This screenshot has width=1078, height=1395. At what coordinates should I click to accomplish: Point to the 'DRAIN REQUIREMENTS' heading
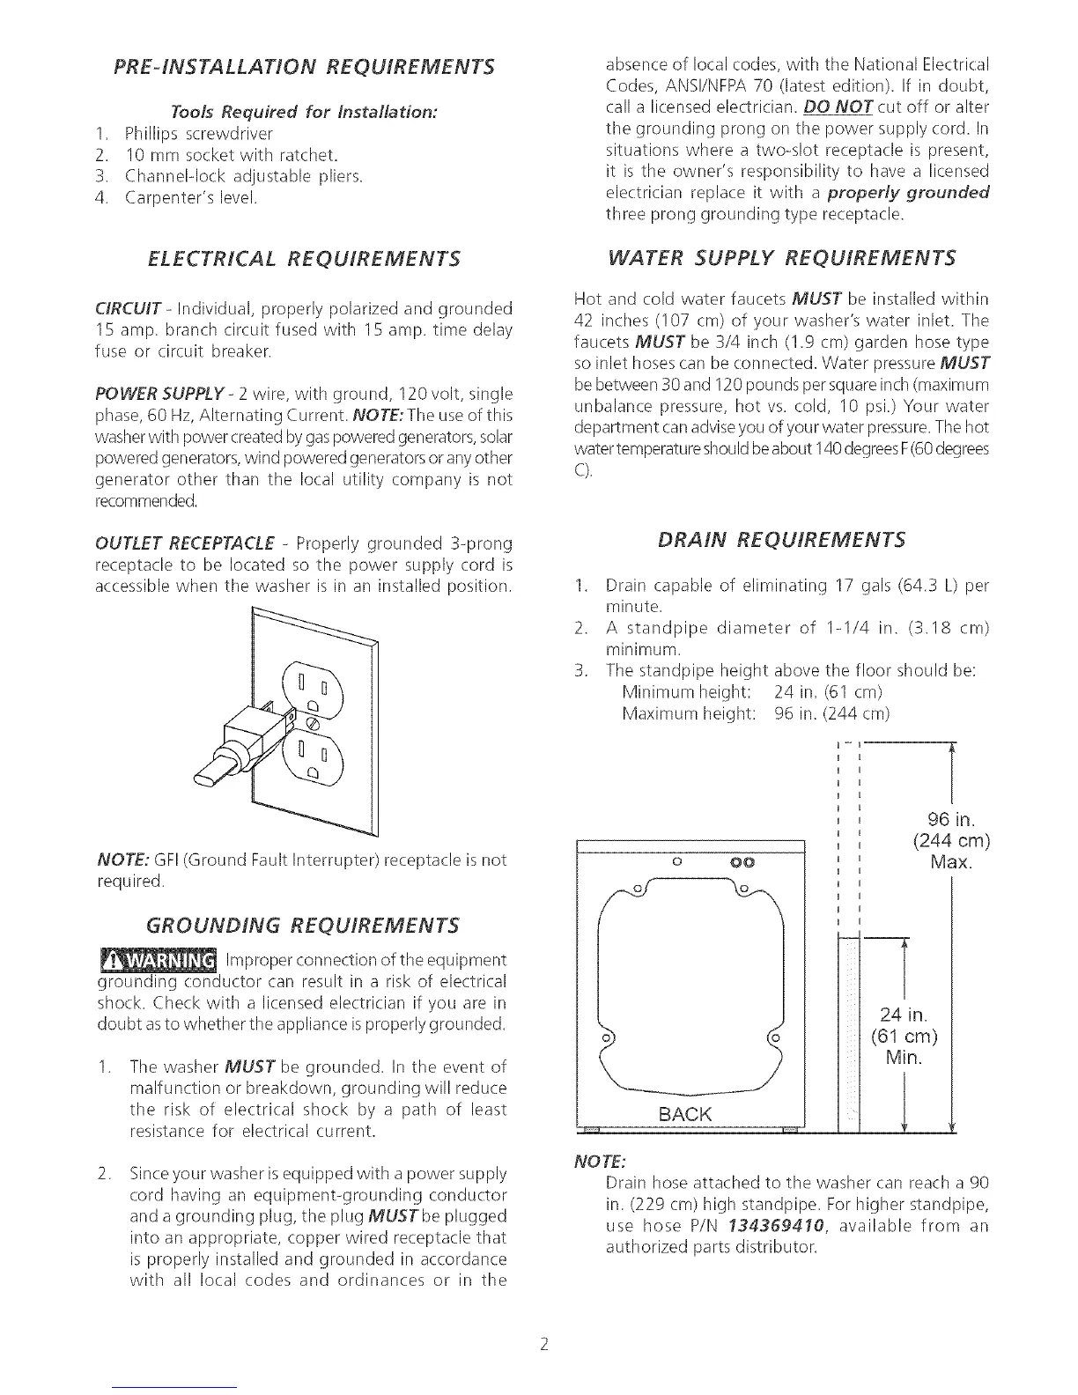click(x=781, y=539)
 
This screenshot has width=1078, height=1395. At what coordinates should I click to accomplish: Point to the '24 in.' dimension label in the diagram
click(x=903, y=1014)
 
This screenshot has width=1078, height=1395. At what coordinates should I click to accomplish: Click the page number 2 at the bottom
click(x=545, y=1345)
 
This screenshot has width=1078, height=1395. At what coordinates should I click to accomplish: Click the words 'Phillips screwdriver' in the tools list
click(x=199, y=134)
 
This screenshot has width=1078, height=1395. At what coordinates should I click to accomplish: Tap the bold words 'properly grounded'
click(x=913, y=193)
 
